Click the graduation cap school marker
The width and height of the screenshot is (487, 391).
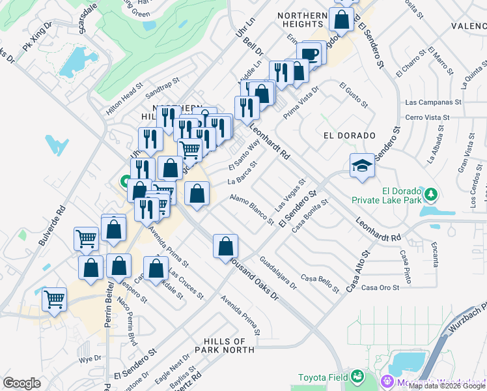(362, 167)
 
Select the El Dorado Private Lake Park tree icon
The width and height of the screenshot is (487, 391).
(430, 194)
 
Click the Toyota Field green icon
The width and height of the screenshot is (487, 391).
(357, 377)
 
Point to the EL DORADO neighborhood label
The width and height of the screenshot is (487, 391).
(350, 136)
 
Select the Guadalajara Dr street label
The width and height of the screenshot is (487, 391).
(278, 272)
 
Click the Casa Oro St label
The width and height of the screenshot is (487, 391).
(380, 287)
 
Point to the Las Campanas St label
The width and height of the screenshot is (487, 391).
(433, 102)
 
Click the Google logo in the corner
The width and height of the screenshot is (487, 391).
(21, 383)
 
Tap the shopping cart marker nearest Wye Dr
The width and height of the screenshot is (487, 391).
(55, 300)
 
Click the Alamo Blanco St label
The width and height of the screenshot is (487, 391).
(252, 209)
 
